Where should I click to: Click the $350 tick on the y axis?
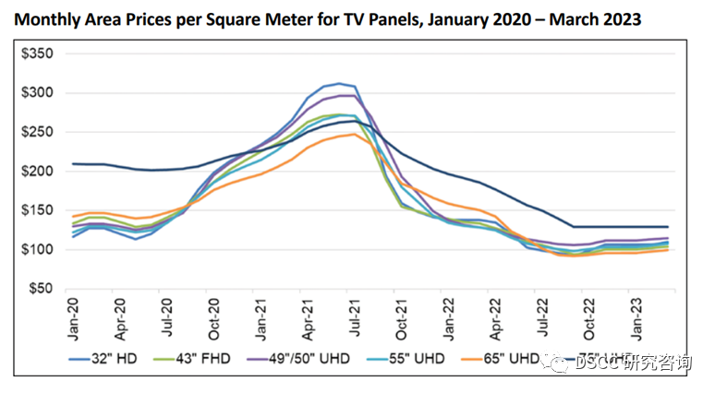[38, 54]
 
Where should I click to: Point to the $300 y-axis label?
[38, 93]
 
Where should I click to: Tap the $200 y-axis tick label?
[38, 172]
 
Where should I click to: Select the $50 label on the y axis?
[41, 289]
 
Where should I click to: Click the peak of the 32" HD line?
[340, 83]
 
